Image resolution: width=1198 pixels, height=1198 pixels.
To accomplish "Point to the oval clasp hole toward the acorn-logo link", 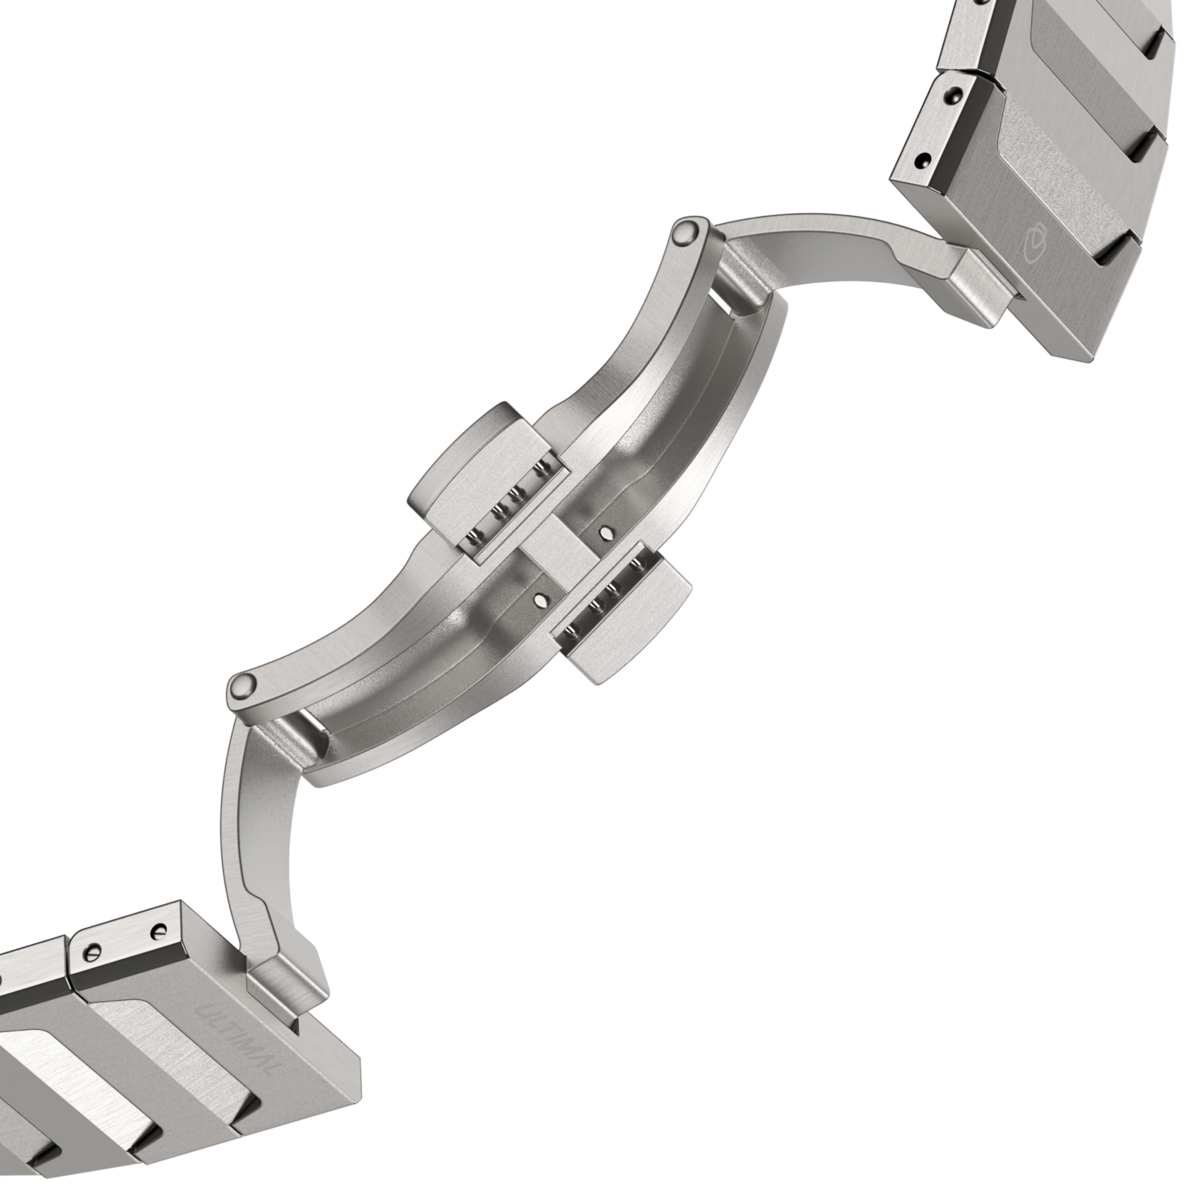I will (606, 532).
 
